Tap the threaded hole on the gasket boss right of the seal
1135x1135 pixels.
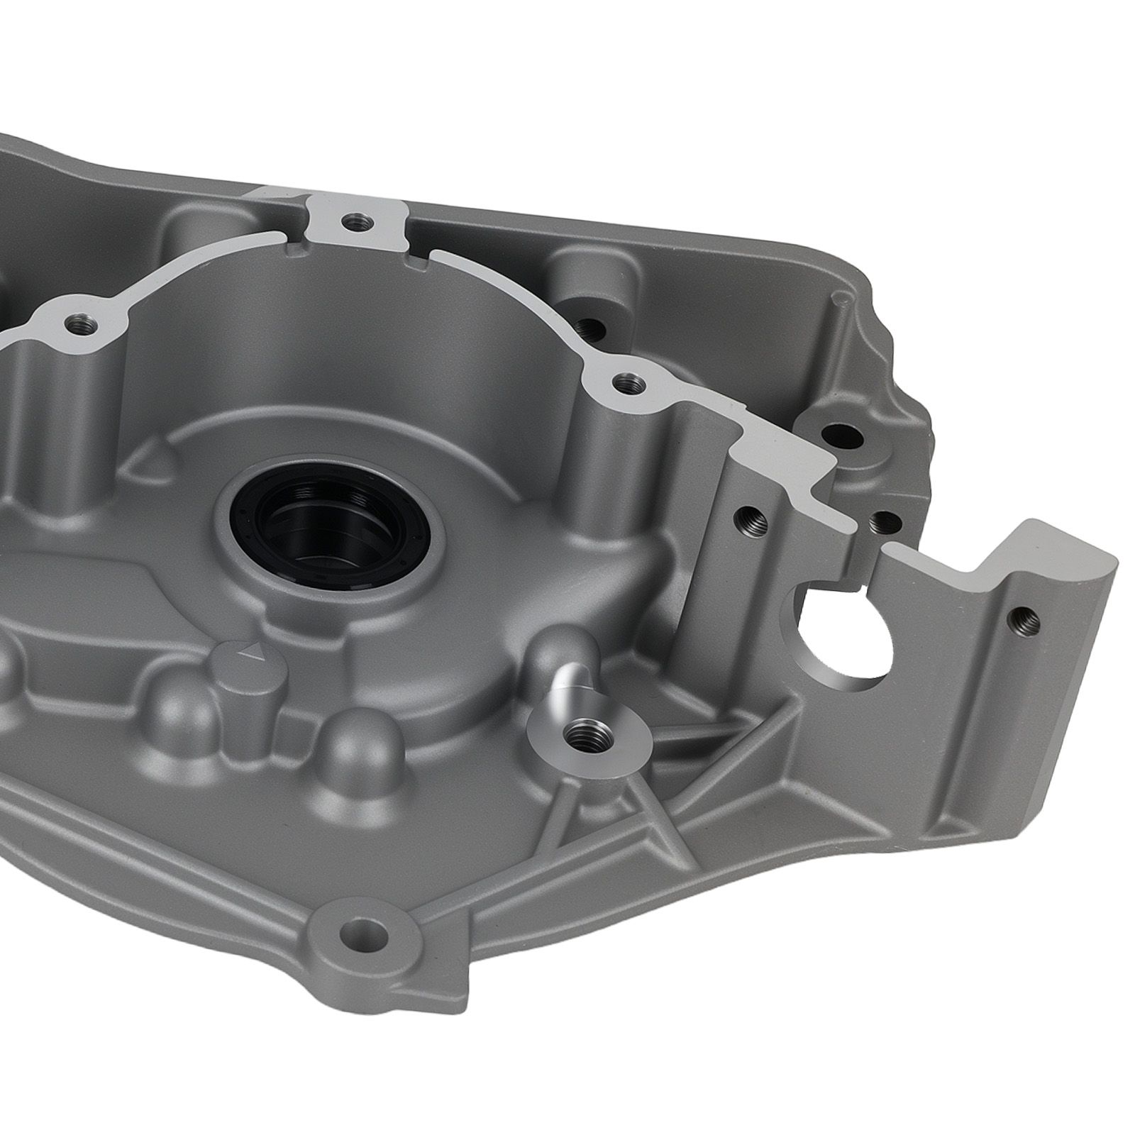pos(624,384)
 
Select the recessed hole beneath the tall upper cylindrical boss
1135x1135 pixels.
pos(590,328)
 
